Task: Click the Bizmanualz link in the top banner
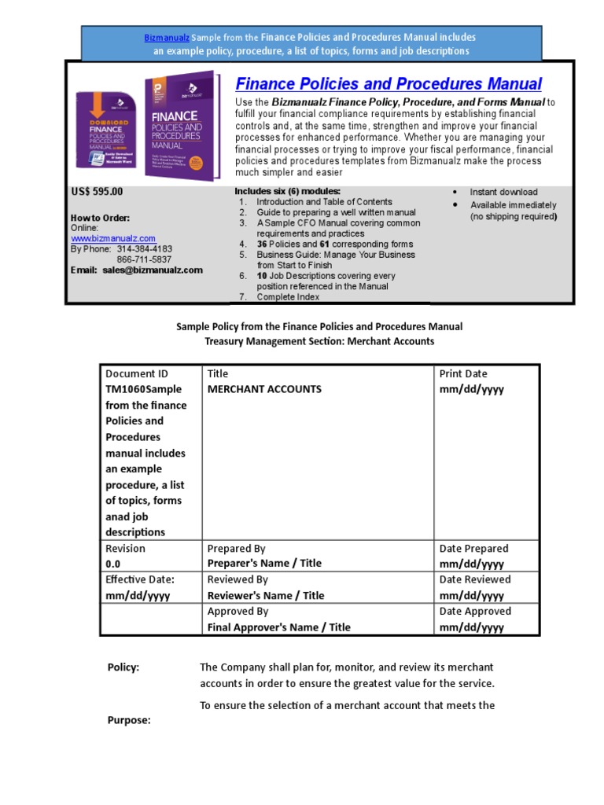(166, 37)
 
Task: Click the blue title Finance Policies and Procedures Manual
(389, 84)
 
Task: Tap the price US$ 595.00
(98, 192)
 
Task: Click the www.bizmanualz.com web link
(113, 239)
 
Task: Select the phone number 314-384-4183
(144, 249)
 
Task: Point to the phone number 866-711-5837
(144, 259)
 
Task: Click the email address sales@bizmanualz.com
(152, 270)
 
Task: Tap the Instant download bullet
(503, 192)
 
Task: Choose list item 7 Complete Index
(287, 297)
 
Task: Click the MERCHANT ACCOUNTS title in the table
(264, 389)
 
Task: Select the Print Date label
(463, 373)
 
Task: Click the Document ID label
(137, 373)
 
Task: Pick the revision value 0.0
(114, 564)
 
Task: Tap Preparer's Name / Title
(264, 564)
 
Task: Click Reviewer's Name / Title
(266, 596)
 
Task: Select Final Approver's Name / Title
(279, 627)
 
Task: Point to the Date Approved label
(475, 611)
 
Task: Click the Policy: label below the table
(123, 667)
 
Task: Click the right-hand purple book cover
(178, 126)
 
